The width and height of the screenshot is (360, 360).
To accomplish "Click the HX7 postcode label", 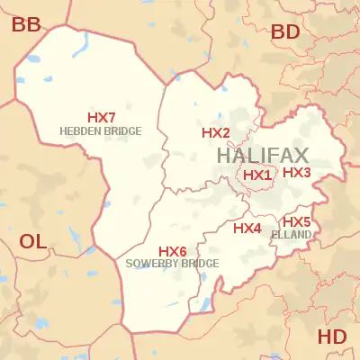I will pos(101,118).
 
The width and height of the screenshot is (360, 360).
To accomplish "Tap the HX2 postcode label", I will pos(216,133).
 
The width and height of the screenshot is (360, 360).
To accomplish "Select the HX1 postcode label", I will pos(257,175).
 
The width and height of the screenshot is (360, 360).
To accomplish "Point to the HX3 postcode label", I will pos(297,172).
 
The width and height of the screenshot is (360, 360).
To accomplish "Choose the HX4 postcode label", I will pos(247,229).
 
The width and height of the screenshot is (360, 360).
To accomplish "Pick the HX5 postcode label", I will pos(296,221).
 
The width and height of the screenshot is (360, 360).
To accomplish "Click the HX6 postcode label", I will pos(172,251).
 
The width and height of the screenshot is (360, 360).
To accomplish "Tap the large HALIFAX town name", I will pos(263,155).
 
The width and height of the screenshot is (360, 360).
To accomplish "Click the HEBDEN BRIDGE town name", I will pos(100,130).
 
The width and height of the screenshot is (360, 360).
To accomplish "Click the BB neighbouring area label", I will pos(26,25).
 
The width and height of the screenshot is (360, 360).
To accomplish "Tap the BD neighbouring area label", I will pos(285,31).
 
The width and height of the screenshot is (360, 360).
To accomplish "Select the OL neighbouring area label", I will pos(33,240).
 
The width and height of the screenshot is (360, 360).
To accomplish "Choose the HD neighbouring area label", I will pos(332,337).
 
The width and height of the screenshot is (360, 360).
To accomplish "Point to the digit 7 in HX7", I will pos(112,118).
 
